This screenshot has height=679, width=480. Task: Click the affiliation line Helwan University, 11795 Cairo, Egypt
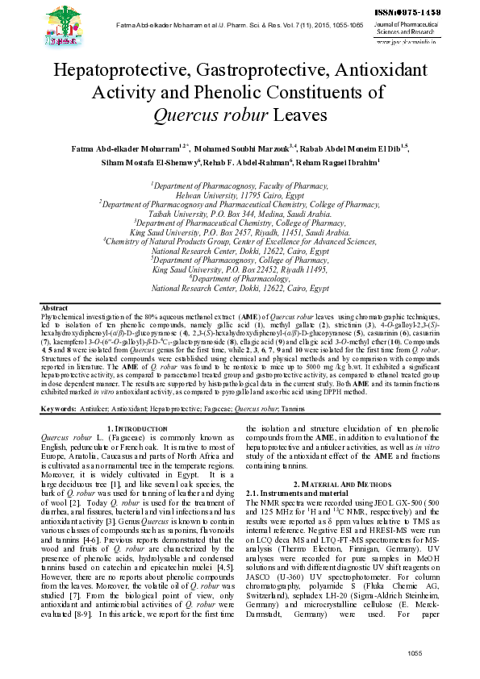tap(239, 196)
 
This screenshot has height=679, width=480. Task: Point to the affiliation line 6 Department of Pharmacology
tap(239, 277)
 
